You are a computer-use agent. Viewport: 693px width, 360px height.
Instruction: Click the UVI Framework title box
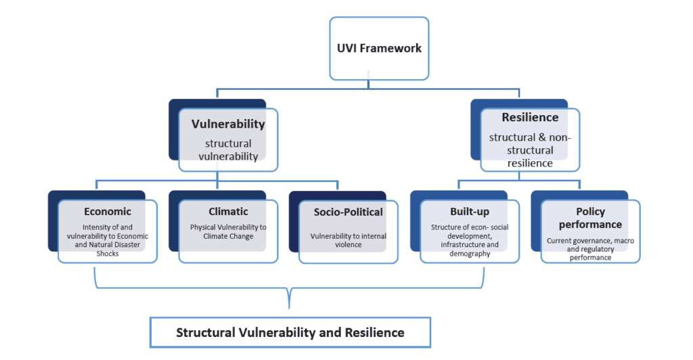[x=379, y=48]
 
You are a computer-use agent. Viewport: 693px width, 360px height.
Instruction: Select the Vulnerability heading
[x=228, y=125]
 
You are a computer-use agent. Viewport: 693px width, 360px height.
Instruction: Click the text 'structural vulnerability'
[x=228, y=150]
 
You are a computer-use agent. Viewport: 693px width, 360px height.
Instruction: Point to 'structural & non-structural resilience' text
[x=530, y=150]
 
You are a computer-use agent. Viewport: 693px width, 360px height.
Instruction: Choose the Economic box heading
[x=108, y=211]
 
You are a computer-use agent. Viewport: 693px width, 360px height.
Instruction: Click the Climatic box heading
[x=228, y=211]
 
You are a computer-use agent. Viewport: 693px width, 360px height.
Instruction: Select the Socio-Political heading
[x=348, y=212]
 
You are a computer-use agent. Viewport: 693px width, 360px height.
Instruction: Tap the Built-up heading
[x=469, y=212]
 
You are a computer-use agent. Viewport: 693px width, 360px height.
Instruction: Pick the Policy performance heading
[x=590, y=218]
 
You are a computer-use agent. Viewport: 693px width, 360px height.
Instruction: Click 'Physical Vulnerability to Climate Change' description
[x=228, y=231]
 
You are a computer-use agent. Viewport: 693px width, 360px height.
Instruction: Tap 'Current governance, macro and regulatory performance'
[x=590, y=249]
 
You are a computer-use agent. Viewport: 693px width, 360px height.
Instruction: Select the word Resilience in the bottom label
[x=374, y=332]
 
